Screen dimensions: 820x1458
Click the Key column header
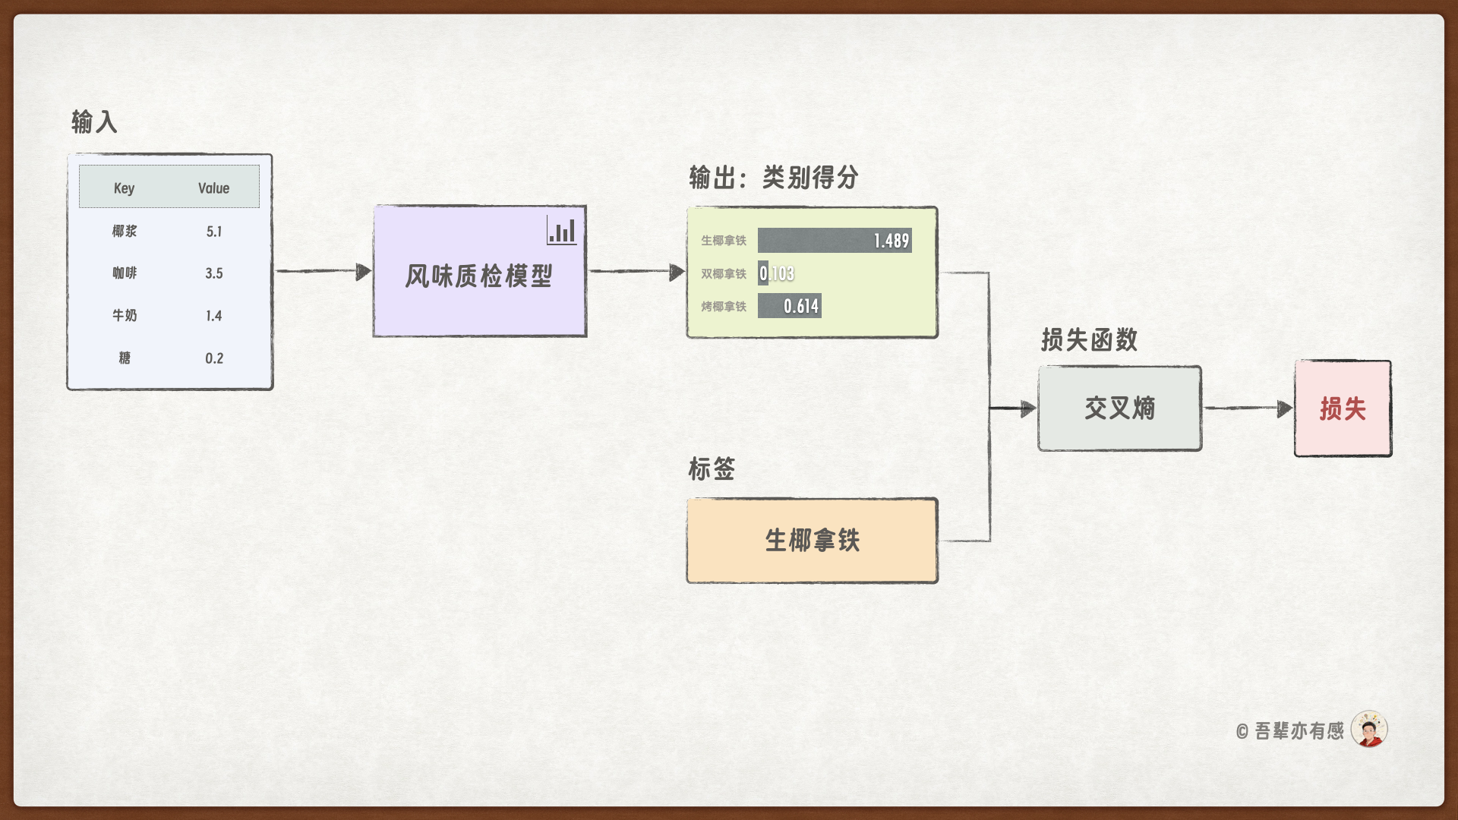click(x=124, y=188)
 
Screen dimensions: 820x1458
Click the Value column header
click(x=213, y=188)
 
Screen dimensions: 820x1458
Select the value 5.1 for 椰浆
click(x=214, y=232)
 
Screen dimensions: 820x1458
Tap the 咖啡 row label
click(x=125, y=273)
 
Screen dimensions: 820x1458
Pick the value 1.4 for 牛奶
click(x=214, y=316)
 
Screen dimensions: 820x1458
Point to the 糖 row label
click(x=125, y=358)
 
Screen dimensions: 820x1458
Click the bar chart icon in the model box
click(x=562, y=230)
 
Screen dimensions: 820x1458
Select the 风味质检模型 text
click(x=478, y=276)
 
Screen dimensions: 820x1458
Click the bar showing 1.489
click(x=834, y=241)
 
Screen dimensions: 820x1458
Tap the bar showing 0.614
click(x=789, y=306)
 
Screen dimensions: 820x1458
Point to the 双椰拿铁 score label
click(x=723, y=273)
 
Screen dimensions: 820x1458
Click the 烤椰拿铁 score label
click(x=723, y=307)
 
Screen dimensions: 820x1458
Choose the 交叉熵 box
click(x=1119, y=408)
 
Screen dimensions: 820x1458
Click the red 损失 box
click(x=1343, y=408)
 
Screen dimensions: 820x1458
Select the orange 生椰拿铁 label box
click(x=812, y=541)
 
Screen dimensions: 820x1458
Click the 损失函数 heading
click(x=1089, y=340)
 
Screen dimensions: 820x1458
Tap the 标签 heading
click(x=712, y=469)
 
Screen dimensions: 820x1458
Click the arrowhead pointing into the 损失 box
click(x=1284, y=409)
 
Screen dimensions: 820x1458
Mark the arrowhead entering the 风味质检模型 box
click(x=363, y=272)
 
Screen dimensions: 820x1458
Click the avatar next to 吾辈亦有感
click(x=1369, y=730)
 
